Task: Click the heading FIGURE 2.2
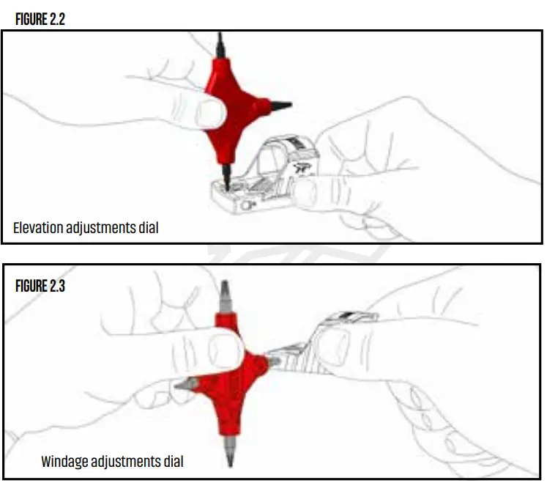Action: point(40,20)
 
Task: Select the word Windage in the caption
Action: point(64,462)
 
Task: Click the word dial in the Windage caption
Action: point(171,462)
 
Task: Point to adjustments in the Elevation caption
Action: point(100,228)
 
